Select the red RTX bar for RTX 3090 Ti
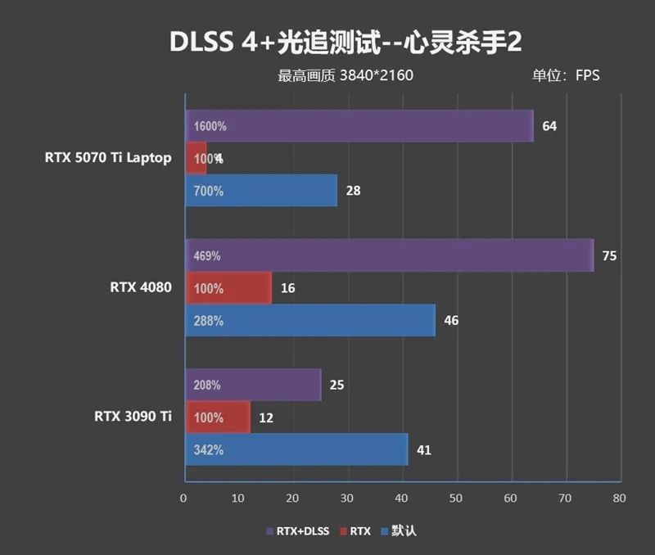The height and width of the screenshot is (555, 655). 218,417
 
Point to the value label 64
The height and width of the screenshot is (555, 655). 549,126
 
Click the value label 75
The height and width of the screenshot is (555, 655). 608,256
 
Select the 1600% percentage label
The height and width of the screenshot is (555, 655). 210,127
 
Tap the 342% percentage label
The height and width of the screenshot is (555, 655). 209,450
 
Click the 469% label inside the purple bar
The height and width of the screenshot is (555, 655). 207,256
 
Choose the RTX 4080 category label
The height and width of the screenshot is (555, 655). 140,287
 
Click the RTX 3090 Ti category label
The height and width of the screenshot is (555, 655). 132,417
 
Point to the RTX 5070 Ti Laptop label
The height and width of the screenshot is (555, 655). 108,158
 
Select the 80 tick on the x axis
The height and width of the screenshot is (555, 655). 619,498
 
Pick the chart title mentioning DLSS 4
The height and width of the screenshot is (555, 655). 344,42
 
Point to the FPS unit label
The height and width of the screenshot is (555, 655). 587,76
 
